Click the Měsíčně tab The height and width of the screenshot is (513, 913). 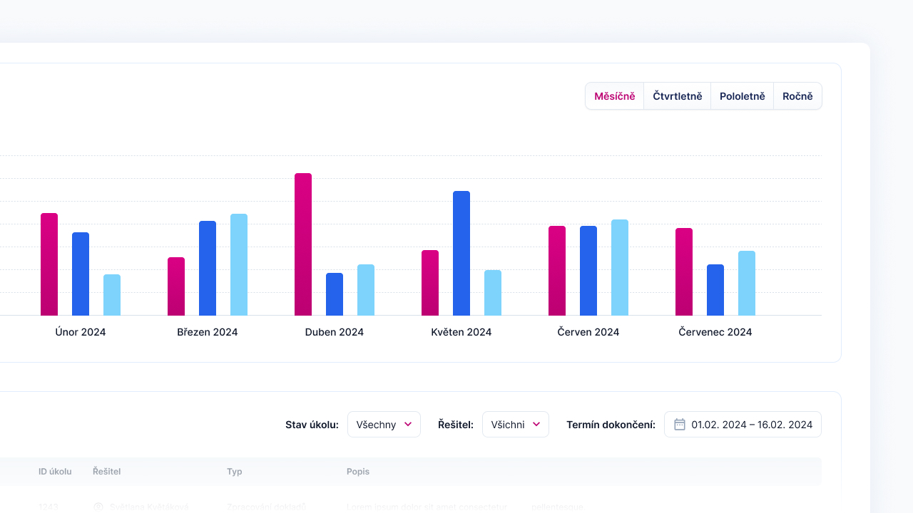614,96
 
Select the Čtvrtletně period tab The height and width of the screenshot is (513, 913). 677,96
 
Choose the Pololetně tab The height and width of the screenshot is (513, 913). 742,96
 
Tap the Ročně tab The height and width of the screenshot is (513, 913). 797,96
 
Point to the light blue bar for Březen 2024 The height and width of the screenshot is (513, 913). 239,264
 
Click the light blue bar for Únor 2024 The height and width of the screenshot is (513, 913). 112,295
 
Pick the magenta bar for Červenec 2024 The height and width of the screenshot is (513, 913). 684,271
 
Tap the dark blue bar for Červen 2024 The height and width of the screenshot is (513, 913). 588,271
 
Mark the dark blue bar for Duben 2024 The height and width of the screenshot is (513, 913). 335,294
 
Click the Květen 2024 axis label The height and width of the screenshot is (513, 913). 461,332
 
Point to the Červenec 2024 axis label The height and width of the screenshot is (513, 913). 715,332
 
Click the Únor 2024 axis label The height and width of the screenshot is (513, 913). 81,332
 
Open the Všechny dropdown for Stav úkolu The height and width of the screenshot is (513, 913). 384,425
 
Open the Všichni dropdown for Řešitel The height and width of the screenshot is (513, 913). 515,425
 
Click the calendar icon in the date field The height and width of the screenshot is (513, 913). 680,425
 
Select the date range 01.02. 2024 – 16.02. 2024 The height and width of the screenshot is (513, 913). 752,425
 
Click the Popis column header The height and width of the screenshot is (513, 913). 358,472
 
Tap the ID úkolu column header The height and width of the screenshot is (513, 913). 55,472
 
